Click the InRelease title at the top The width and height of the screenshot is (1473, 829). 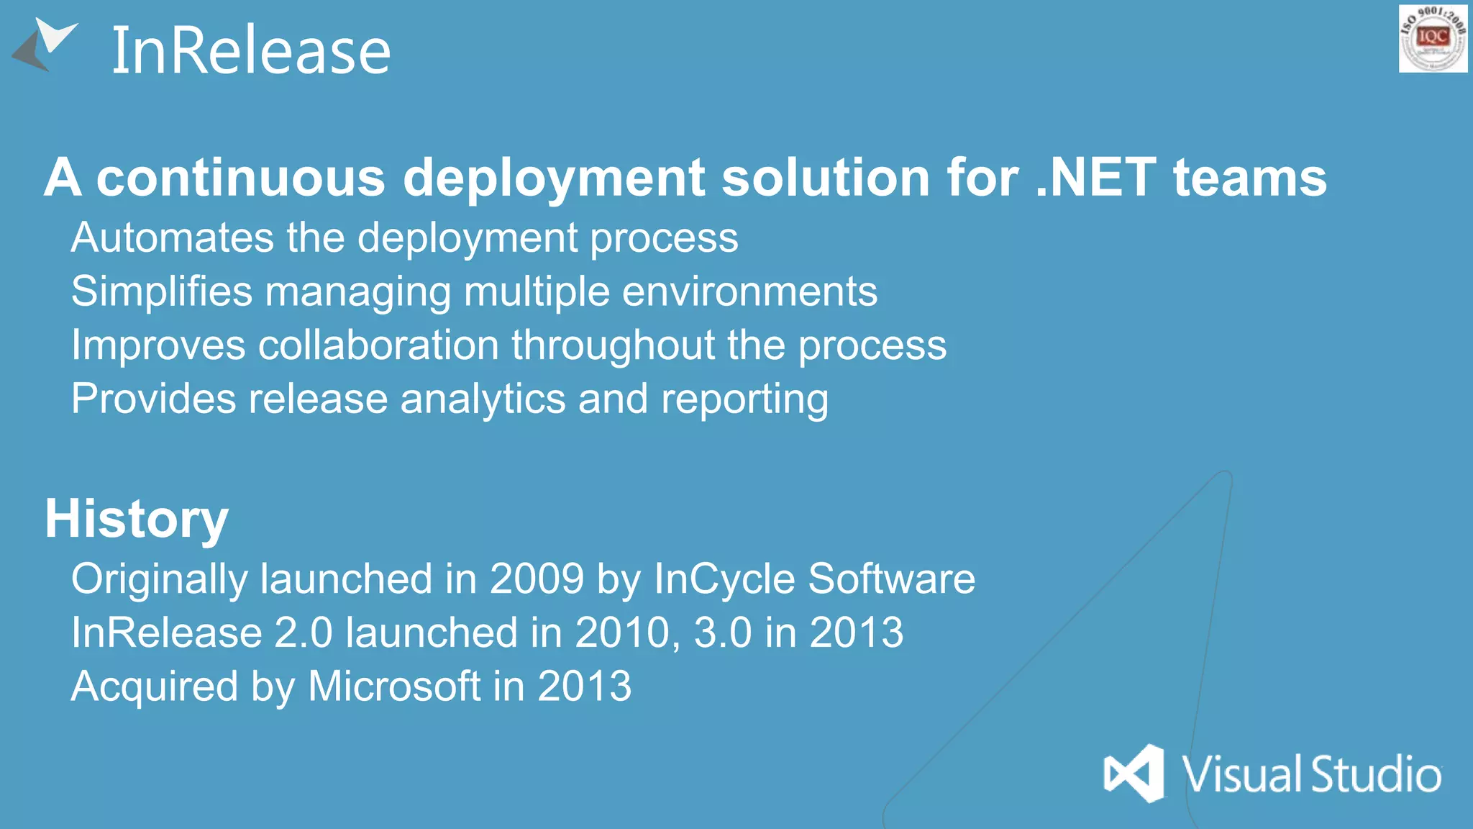[x=251, y=51]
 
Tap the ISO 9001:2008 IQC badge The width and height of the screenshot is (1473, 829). [x=1433, y=38]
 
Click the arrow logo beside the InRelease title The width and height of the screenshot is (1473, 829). [x=45, y=45]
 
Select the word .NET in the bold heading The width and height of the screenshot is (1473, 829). [x=1095, y=178]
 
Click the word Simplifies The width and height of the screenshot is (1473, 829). [x=162, y=291]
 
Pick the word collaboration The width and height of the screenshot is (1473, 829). [x=378, y=345]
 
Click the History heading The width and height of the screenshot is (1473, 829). [x=137, y=519]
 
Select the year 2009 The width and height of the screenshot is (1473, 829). [x=537, y=579]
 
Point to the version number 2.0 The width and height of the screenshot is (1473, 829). [x=304, y=633]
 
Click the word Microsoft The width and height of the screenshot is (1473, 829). [x=394, y=686]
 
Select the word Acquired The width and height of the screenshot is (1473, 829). [x=155, y=687]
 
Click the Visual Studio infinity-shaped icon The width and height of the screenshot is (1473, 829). [x=1134, y=773]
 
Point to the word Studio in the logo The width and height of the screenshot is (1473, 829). [x=1376, y=774]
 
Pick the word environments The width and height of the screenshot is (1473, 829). [x=749, y=291]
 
